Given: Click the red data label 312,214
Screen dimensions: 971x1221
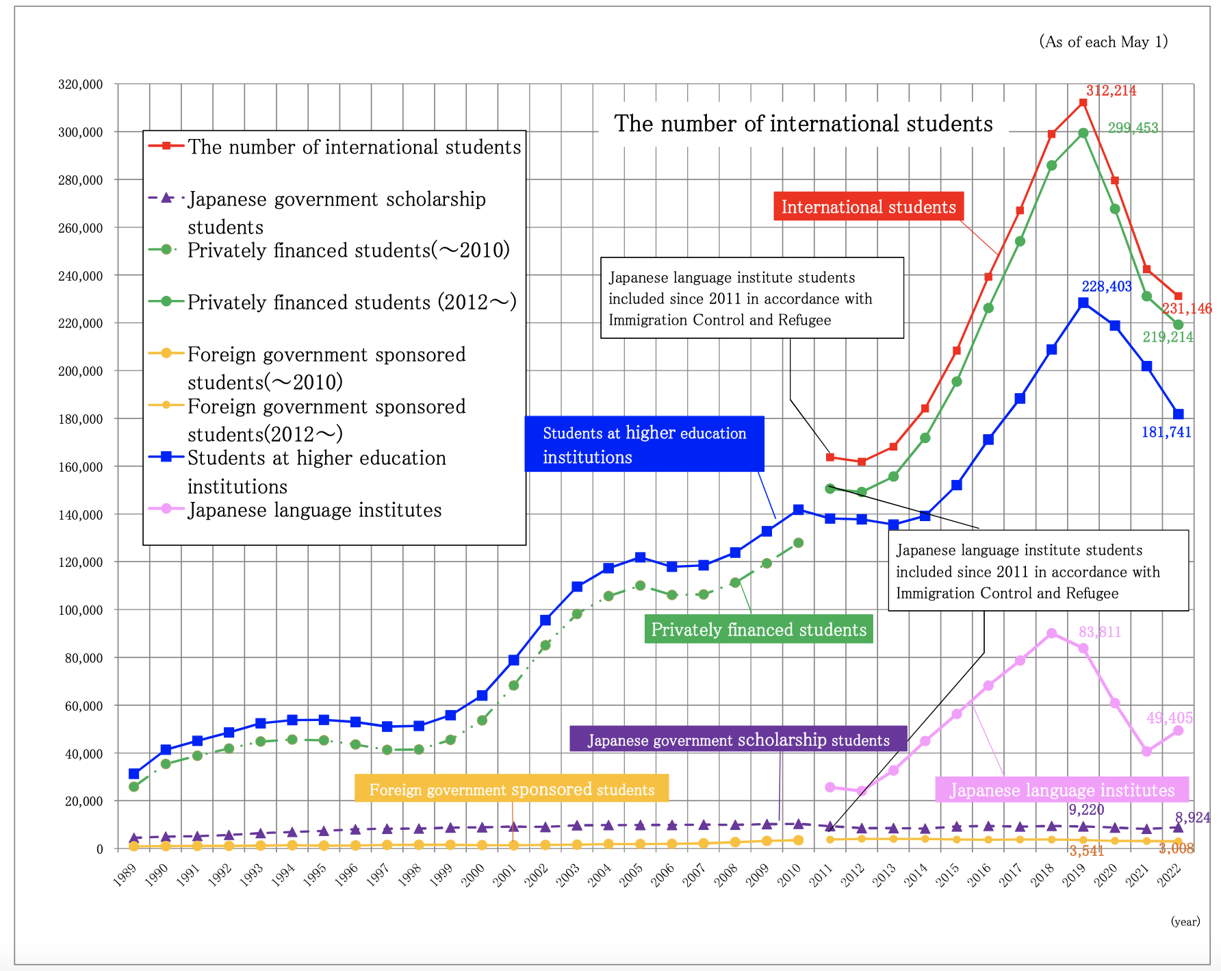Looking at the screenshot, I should pyautogui.click(x=1111, y=90).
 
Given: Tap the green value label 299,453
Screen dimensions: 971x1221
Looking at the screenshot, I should pyautogui.click(x=1133, y=128).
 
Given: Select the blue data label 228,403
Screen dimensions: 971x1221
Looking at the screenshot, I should pyautogui.click(x=1106, y=286).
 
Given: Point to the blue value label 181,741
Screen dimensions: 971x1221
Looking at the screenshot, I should pyautogui.click(x=1166, y=432).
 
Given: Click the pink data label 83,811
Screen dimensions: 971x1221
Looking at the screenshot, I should pyautogui.click(x=1100, y=632).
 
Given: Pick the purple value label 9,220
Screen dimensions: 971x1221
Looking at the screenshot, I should pyautogui.click(x=1086, y=809).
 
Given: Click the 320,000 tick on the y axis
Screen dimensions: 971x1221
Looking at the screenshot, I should pyautogui.click(x=80, y=85).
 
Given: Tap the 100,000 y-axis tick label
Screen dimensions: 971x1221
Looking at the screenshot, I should pyautogui.click(x=80, y=610).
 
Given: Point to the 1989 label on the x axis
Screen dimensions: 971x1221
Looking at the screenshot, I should pyautogui.click(x=125, y=875).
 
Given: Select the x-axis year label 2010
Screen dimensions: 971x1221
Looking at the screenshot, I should pyautogui.click(x=789, y=875).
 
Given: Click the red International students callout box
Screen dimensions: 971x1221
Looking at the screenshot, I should pyautogui.click(x=868, y=207).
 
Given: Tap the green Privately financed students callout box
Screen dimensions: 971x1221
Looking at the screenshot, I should pyautogui.click(x=758, y=629).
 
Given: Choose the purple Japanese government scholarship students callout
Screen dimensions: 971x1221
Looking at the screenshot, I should pyautogui.click(x=738, y=740).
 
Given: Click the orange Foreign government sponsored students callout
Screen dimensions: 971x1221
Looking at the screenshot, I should pyautogui.click(x=511, y=789).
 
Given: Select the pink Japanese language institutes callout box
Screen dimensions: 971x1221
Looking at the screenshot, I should pyautogui.click(x=1062, y=790).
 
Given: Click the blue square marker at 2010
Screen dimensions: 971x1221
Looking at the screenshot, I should pyautogui.click(x=798, y=509).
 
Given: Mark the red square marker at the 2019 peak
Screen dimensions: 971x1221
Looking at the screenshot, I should pyautogui.click(x=1083, y=103).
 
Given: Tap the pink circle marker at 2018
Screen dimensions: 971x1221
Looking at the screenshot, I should pyautogui.click(x=1051, y=633).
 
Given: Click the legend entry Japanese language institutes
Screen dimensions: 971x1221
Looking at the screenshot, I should pyautogui.click(x=314, y=510).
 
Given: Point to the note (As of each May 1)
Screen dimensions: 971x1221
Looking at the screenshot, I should pyautogui.click(x=1103, y=42).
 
